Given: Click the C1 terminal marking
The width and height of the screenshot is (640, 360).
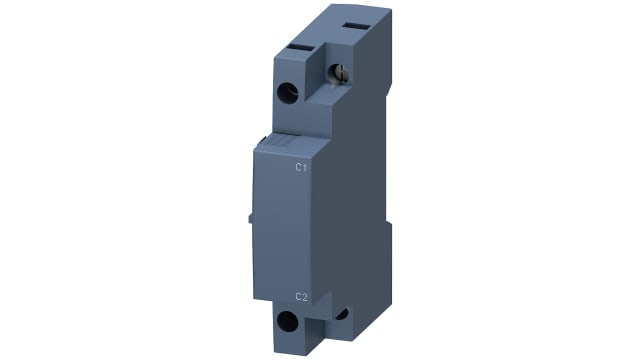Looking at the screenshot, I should point(300,168).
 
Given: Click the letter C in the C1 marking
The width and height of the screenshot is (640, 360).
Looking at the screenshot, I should point(297,168).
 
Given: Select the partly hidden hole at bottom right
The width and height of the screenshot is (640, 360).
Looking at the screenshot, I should point(343,315).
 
